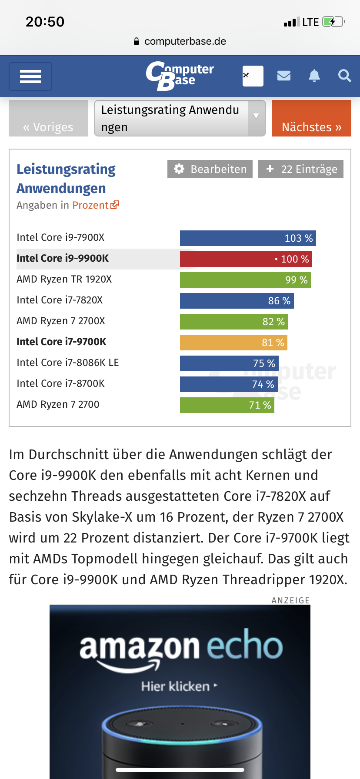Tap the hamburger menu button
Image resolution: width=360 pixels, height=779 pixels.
pyautogui.click(x=30, y=77)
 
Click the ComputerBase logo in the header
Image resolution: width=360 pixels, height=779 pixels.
pyautogui.click(x=180, y=76)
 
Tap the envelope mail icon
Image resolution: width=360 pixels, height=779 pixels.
pyautogui.click(x=284, y=76)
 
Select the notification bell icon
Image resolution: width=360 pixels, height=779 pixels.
pyautogui.click(x=314, y=76)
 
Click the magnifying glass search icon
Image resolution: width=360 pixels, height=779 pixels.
pyautogui.click(x=345, y=76)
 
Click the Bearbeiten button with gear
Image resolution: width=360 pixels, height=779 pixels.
pyautogui.click(x=210, y=169)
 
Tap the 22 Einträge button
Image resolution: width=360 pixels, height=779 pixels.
pyautogui.click(x=301, y=169)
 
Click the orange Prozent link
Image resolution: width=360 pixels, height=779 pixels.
pyautogui.click(x=95, y=205)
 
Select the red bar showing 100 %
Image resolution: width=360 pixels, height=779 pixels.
pyautogui.click(x=246, y=259)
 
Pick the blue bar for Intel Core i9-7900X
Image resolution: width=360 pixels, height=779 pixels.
pyautogui.click(x=248, y=238)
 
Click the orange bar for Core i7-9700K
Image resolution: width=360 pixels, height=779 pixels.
pyautogui.click(x=233, y=343)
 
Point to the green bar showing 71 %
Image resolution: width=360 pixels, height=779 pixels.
pyautogui.click(x=227, y=405)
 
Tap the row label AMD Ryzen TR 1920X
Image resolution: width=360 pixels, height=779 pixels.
pyautogui.click(x=64, y=279)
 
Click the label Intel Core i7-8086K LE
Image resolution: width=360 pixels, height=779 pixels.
pyautogui.click(x=68, y=363)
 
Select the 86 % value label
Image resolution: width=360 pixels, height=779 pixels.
pyautogui.click(x=279, y=301)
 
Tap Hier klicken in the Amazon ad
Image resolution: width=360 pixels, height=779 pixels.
pyautogui.click(x=176, y=686)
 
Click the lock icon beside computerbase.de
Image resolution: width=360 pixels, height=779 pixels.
pyautogui.click(x=137, y=41)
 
